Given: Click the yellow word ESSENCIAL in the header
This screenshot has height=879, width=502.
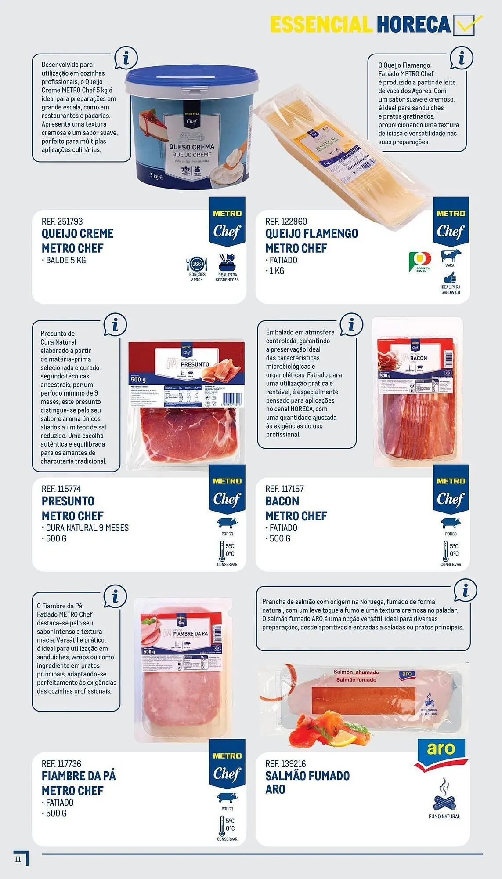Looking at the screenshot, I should pyautogui.click(x=321, y=25).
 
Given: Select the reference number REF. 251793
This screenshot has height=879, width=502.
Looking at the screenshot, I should pyautogui.click(x=62, y=222).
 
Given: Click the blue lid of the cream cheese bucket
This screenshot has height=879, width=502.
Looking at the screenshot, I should pyautogui.click(x=191, y=77).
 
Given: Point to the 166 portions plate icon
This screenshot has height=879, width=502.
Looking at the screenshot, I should pyautogui.click(x=197, y=265).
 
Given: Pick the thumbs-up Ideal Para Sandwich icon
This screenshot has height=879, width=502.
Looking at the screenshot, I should pyautogui.click(x=450, y=278).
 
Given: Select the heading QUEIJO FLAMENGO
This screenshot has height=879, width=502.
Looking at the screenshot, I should pyautogui.click(x=311, y=234).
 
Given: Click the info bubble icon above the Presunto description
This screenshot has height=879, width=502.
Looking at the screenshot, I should pyautogui.click(x=115, y=326).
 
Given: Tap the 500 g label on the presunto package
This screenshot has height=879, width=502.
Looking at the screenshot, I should pyautogui.click(x=138, y=379).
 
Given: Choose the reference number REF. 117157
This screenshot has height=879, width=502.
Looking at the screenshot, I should pyautogui.click(x=285, y=489).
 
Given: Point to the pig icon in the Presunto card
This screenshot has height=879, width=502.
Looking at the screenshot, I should pyautogui.click(x=227, y=523).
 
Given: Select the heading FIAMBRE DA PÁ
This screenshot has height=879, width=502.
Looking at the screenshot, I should pyautogui.click(x=79, y=776).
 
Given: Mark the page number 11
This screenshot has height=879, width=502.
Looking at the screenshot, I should pyautogui.click(x=18, y=859).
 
